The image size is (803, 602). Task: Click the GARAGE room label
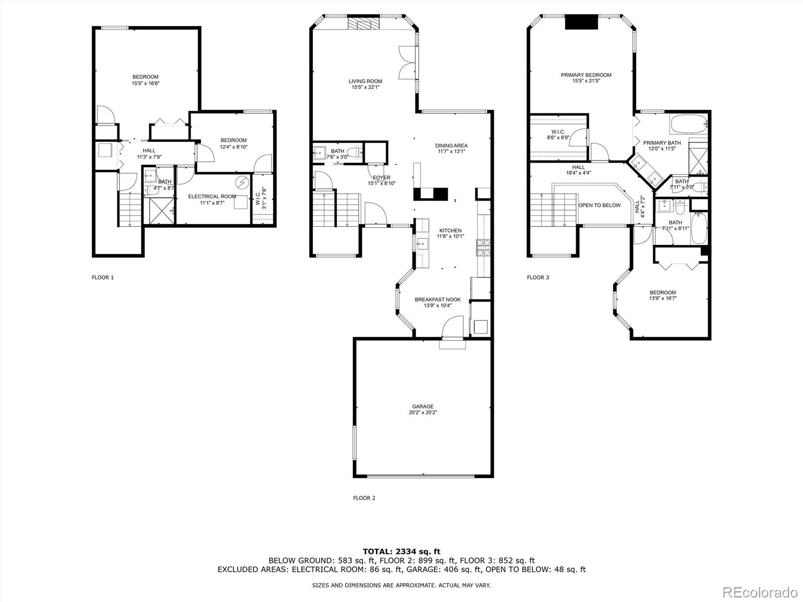pyautogui.click(x=423, y=406)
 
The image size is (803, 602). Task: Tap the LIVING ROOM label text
pyautogui.click(x=365, y=81)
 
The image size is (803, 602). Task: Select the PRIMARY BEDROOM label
pyautogui.click(x=586, y=75)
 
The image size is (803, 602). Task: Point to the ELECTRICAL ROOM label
pyautogui.click(x=212, y=197)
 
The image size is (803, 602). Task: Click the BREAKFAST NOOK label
pyautogui.click(x=437, y=299)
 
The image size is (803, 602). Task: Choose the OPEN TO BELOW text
pyautogui.click(x=599, y=205)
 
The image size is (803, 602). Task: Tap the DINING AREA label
pyautogui.click(x=451, y=145)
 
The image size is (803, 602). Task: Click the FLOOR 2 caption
pyautogui.click(x=364, y=498)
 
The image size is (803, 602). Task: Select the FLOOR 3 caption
pyautogui.click(x=538, y=277)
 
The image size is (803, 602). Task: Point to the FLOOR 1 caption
pyautogui.click(x=102, y=277)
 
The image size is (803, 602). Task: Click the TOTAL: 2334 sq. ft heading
pyautogui.click(x=401, y=551)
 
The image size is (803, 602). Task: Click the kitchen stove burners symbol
pyautogui.click(x=483, y=248)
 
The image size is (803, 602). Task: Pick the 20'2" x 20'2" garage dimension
pyautogui.click(x=423, y=413)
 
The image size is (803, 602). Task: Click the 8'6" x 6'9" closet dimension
pyautogui.click(x=558, y=137)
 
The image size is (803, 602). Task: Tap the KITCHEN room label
pyautogui.click(x=450, y=231)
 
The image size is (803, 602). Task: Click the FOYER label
pyautogui.click(x=381, y=178)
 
